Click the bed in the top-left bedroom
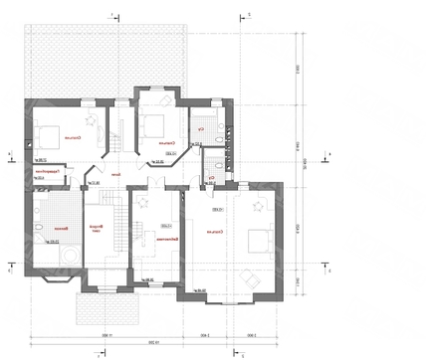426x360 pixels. click(x=46, y=136)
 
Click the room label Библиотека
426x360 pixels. click(x=169, y=240)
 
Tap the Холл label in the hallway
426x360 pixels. click(x=116, y=177)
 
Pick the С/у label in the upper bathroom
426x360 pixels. click(x=202, y=129)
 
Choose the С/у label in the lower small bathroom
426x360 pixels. click(x=211, y=179)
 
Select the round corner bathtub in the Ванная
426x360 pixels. click(x=71, y=257)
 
